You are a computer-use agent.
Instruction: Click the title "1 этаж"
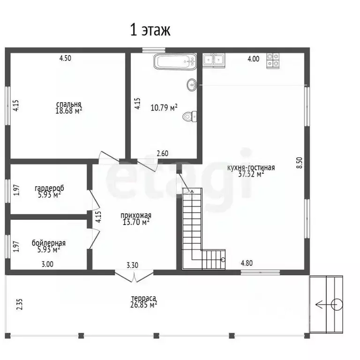(150, 30)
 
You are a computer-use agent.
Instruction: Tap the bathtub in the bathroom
(175, 61)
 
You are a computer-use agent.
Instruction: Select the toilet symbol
(190, 116)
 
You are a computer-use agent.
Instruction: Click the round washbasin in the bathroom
(192, 85)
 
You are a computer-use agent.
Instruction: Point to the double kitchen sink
(214, 60)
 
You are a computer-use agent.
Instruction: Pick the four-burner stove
(273, 60)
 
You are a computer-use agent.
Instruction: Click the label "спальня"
(68, 104)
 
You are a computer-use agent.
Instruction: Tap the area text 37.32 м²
(251, 174)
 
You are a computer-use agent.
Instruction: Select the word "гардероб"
(49, 188)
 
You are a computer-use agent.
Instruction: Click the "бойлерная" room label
(49, 243)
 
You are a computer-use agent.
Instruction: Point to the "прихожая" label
(136, 215)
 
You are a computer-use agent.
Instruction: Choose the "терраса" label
(143, 298)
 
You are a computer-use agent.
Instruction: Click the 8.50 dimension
(300, 163)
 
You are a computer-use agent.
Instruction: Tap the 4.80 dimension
(247, 263)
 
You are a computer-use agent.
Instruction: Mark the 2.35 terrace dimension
(20, 304)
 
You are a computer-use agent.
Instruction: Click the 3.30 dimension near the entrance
(133, 265)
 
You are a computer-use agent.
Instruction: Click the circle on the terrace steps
(337, 305)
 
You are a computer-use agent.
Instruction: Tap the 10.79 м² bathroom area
(164, 107)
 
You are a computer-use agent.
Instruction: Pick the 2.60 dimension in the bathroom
(163, 153)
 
